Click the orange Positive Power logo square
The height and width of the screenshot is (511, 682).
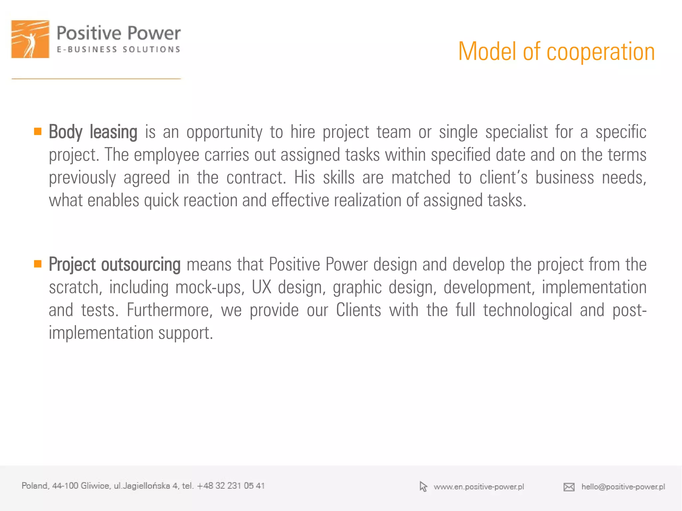tap(30, 39)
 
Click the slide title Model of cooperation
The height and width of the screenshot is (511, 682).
tap(556, 52)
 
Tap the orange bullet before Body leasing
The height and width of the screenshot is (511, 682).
tap(38, 131)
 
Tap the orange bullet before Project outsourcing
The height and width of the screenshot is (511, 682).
tap(38, 264)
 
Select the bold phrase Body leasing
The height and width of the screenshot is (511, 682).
tap(93, 132)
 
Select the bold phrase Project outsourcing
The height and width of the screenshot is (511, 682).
tap(115, 265)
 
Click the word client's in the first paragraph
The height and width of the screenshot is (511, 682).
tap(503, 177)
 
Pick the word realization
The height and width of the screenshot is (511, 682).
tap(367, 200)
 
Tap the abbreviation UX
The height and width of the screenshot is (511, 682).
tap(261, 287)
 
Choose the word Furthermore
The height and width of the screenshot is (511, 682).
tap(170, 310)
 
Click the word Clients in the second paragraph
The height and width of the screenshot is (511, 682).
tap(358, 310)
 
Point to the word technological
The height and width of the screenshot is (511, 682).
tap(527, 310)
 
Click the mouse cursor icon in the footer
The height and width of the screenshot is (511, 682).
tap(423, 487)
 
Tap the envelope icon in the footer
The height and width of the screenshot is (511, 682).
tap(569, 487)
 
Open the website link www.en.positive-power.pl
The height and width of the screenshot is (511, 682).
tap(479, 487)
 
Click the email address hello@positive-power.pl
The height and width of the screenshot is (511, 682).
tap(623, 487)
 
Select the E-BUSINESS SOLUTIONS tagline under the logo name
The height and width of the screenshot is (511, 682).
tap(118, 50)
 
